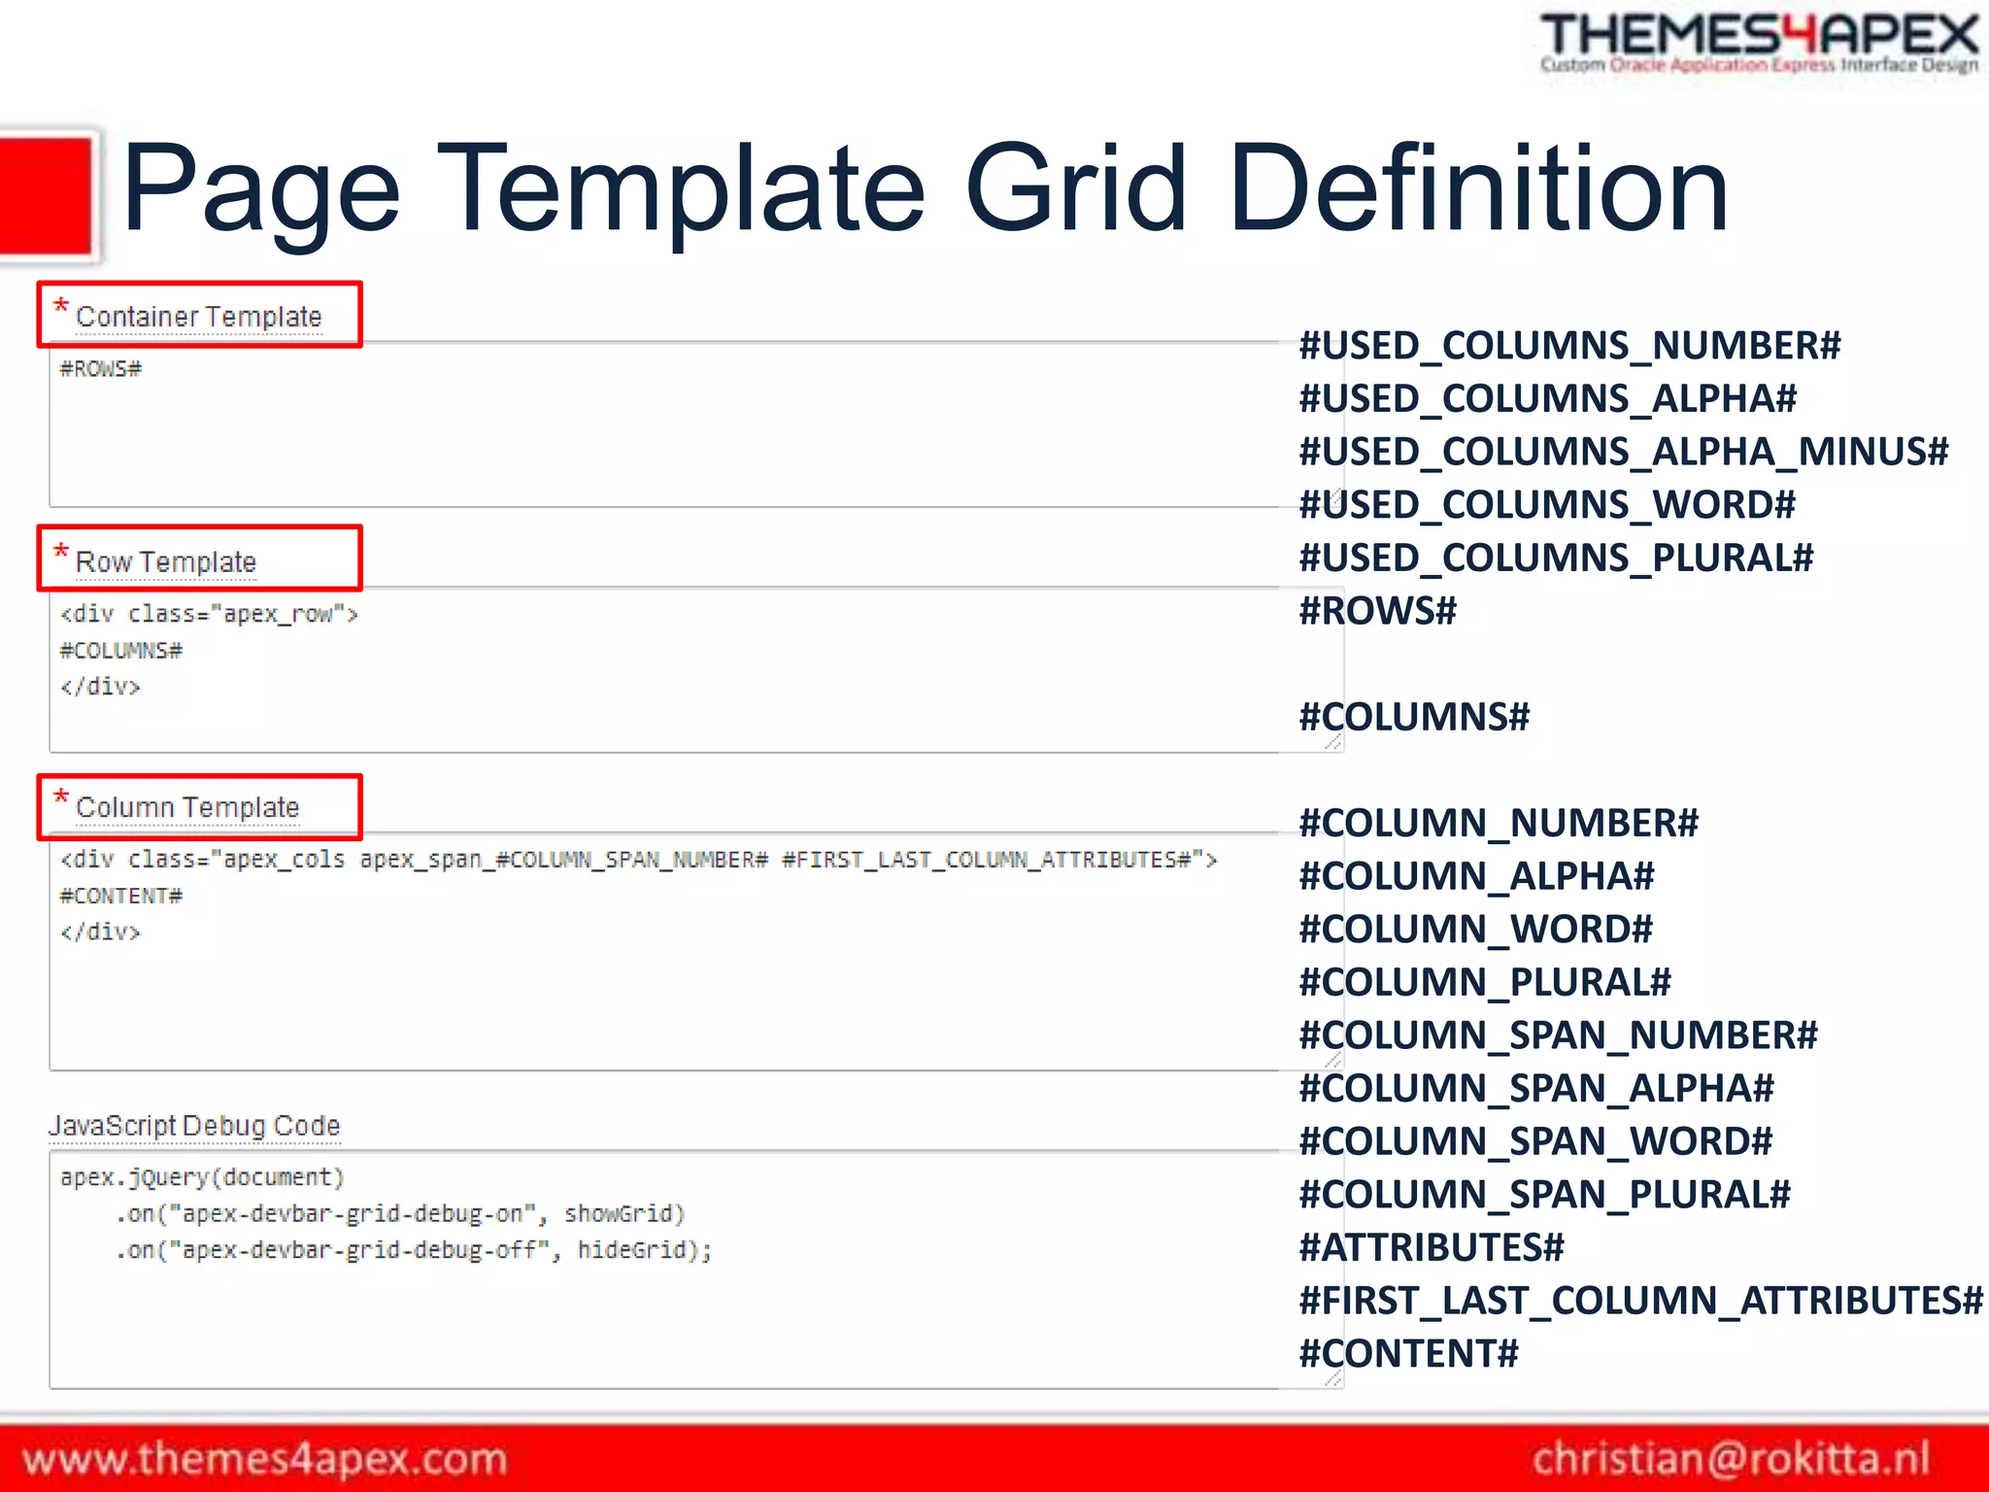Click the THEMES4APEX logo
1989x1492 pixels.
(1759, 42)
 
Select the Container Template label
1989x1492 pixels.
(198, 317)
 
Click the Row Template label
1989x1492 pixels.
(165, 561)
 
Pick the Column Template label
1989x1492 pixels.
(187, 807)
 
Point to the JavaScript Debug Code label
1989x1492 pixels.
(194, 1126)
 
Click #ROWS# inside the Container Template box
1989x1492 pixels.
(100, 369)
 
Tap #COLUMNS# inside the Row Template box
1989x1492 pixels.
(120, 651)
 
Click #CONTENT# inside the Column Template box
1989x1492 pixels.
(120, 896)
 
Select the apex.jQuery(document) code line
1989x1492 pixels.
(202, 1177)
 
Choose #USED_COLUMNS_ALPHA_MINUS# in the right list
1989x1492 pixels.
(1623, 452)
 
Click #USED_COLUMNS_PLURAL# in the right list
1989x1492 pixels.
(1556, 558)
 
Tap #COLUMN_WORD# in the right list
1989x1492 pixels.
(1475, 930)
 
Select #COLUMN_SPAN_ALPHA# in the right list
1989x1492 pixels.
(1536, 1089)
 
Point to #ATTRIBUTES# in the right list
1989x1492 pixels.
(1432, 1247)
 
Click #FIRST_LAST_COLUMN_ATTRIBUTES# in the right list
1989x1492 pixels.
(1640, 1301)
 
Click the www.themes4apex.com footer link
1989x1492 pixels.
(264, 1459)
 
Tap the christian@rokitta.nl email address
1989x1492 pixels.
(1731, 1459)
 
